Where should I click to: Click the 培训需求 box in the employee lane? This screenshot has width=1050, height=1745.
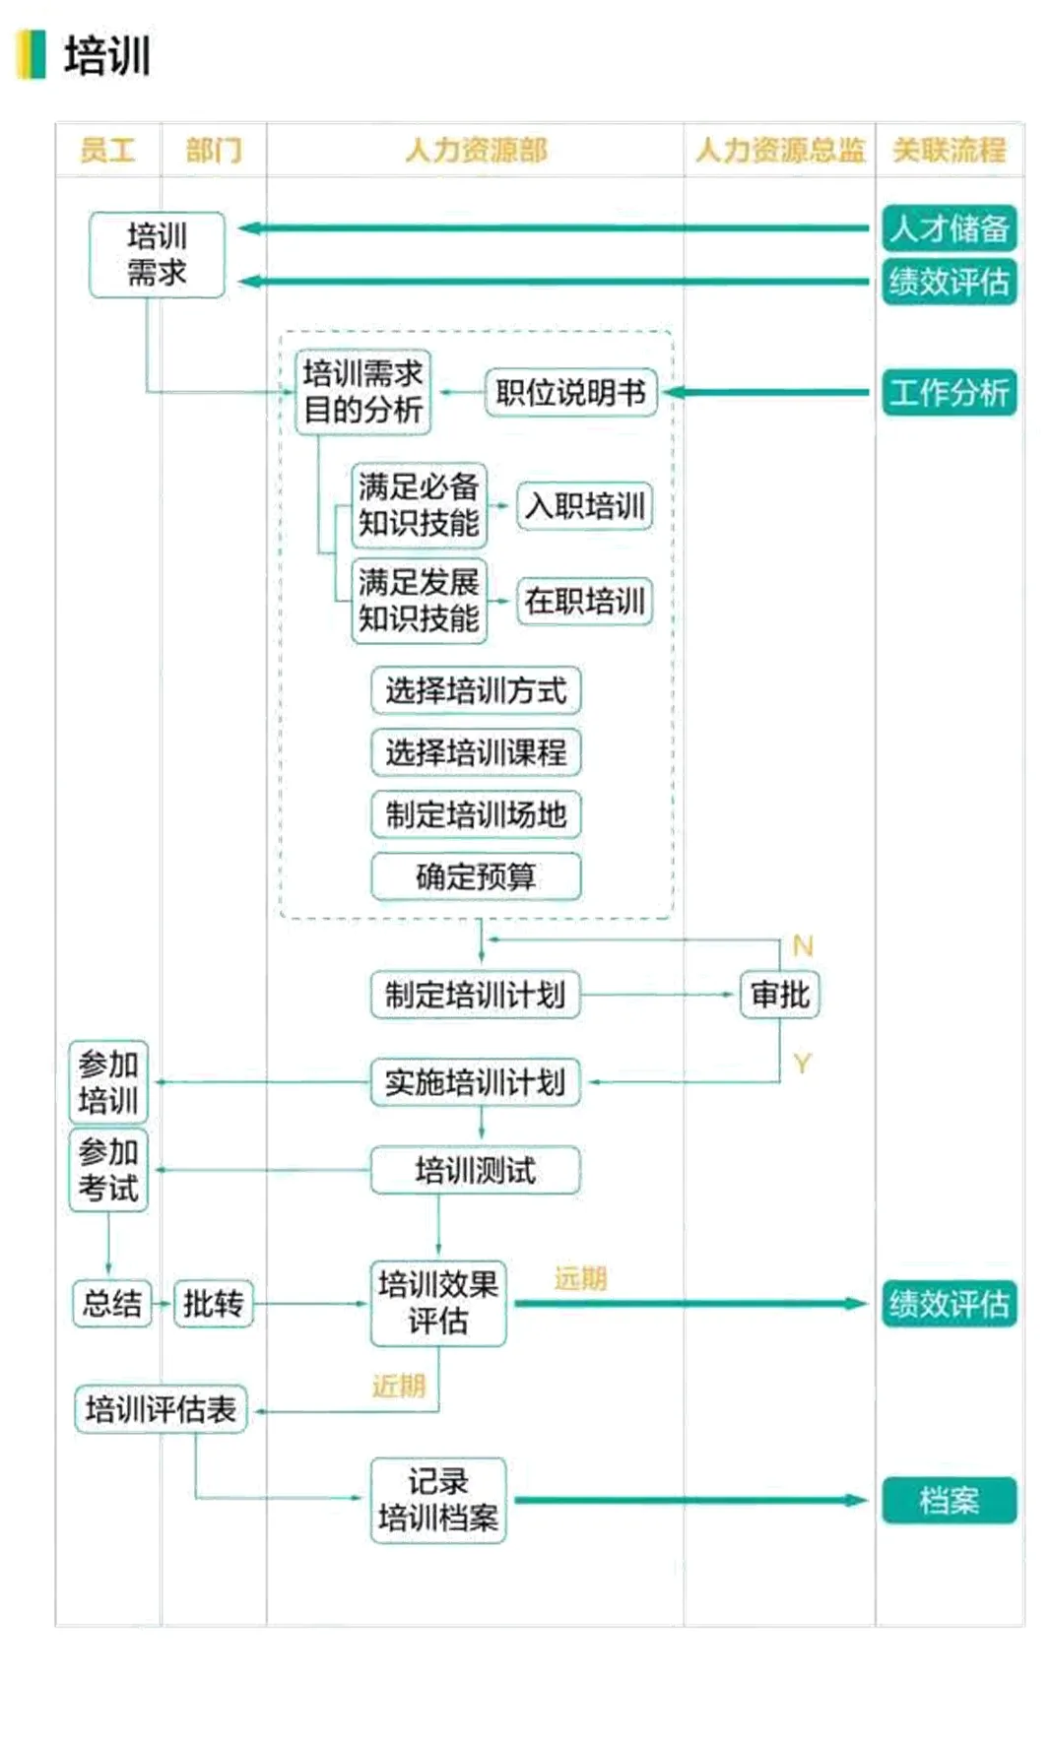tap(157, 254)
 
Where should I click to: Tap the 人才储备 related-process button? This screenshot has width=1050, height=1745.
tap(949, 228)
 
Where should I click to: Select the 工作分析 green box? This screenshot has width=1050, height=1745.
tap(949, 392)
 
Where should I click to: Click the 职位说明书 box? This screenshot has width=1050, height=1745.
tap(570, 393)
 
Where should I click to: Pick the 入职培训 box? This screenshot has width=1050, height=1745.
tap(584, 506)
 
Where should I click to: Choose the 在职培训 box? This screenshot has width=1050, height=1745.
tap(584, 601)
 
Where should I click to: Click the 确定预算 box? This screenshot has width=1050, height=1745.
tap(476, 876)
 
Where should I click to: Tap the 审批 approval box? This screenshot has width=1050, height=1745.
tap(779, 995)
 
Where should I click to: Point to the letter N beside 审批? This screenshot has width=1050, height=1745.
tap(803, 946)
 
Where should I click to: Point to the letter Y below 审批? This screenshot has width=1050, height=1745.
tap(802, 1064)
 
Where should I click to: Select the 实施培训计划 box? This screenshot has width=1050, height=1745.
tap(475, 1082)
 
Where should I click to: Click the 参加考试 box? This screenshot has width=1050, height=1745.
tap(108, 1170)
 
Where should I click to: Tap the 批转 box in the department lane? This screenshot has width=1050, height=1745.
tap(213, 1304)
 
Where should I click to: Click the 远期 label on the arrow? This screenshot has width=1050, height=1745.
tap(580, 1279)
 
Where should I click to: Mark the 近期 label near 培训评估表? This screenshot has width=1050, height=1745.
tap(399, 1386)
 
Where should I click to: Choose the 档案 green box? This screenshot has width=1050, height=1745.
tap(949, 1501)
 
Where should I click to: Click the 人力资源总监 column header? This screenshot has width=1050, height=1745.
tap(779, 150)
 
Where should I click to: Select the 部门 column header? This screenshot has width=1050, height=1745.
tap(213, 150)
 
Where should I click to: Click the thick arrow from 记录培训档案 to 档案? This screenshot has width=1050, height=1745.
tap(689, 1501)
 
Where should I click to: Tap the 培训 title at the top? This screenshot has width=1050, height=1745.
tap(106, 55)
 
